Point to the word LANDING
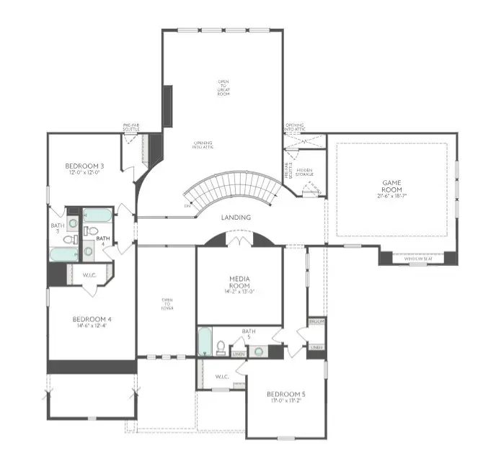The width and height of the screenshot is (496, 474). click(x=236, y=217)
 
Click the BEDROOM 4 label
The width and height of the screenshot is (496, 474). click(x=92, y=320)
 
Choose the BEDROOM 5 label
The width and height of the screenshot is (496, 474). click(x=286, y=394)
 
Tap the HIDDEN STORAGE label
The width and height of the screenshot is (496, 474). click(x=304, y=173)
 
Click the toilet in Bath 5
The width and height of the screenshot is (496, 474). click(x=221, y=347)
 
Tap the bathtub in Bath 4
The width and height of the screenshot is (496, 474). click(x=95, y=215)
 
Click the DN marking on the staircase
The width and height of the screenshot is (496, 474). click(x=188, y=205)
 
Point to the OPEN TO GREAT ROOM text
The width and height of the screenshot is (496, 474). click(x=224, y=88)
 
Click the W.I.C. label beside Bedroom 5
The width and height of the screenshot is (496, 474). click(x=221, y=377)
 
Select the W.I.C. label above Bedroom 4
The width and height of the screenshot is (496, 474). click(x=90, y=274)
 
